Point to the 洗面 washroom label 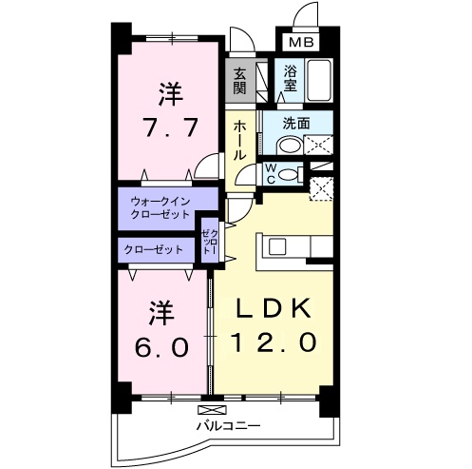[298, 123]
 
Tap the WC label [270, 174]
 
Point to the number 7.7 [171, 127]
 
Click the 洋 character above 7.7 [170, 94]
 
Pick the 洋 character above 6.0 [159, 310]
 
